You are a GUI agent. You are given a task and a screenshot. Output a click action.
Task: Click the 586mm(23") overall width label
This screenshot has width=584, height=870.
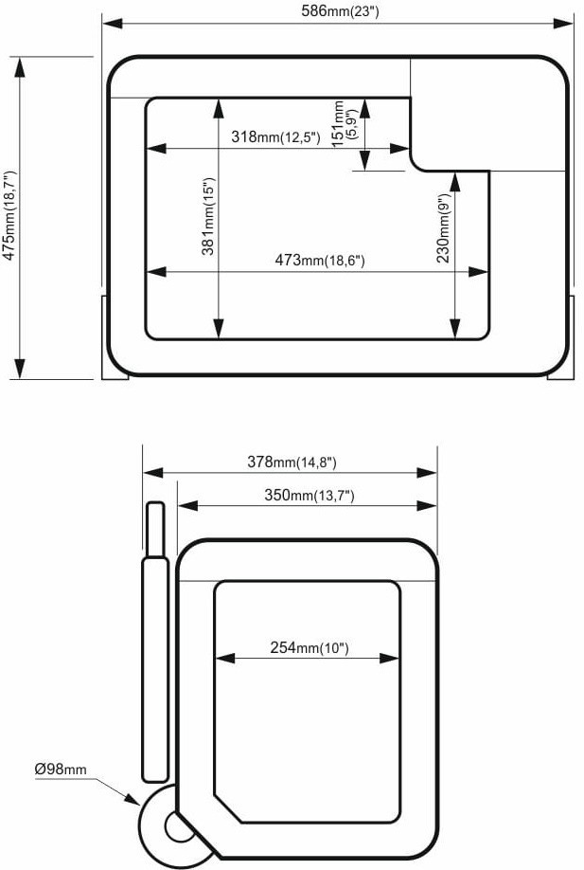pyautogui.click(x=340, y=10)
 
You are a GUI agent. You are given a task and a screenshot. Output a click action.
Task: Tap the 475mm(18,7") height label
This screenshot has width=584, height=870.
pyautogui.click(x=10, y=215)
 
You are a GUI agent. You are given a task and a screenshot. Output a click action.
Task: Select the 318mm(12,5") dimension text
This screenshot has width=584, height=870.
pyautogui.click(x=275, y=136)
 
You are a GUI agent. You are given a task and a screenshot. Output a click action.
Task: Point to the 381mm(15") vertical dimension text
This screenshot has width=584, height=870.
pyautogui.click(x=208, y=216)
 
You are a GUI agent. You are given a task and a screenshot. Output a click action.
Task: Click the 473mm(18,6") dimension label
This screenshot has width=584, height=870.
pyautogui.click(x=320, y=260)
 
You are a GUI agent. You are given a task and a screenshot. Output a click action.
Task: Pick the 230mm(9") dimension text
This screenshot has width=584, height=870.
pyautogui.click(x=443, y=227)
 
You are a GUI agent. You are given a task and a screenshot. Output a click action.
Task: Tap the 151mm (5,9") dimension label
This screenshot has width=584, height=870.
pyautogui.click(x=343, y=123)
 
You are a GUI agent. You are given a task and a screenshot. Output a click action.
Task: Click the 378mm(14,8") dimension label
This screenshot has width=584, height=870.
pyautogui.click(x=292, y=462)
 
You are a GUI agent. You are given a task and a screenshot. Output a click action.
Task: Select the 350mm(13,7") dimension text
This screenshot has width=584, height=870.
pyautogui.click(x=310, y=495)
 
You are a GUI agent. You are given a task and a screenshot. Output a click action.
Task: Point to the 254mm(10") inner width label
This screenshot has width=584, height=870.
pyautogui.click(x=310, y=647)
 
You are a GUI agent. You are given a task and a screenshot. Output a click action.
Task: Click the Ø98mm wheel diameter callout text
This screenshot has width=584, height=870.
pyautogui.click(x=61, y=769)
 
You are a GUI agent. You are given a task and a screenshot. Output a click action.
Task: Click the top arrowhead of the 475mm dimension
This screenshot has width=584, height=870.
pyautogui.click(x=20, y=66)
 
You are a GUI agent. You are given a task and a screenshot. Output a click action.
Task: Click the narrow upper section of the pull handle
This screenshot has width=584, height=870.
pyautogui.click(x=155, y=530)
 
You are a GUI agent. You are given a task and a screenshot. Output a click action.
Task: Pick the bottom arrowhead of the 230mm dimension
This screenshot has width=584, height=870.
pyautogui.click(x=455, y=328)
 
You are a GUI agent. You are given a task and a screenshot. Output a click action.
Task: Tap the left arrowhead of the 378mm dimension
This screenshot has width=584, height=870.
pyautogui.click(x=153, y=473)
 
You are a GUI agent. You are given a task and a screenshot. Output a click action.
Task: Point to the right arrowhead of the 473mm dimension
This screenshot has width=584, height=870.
pyautogui.click(x=478, y=272)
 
